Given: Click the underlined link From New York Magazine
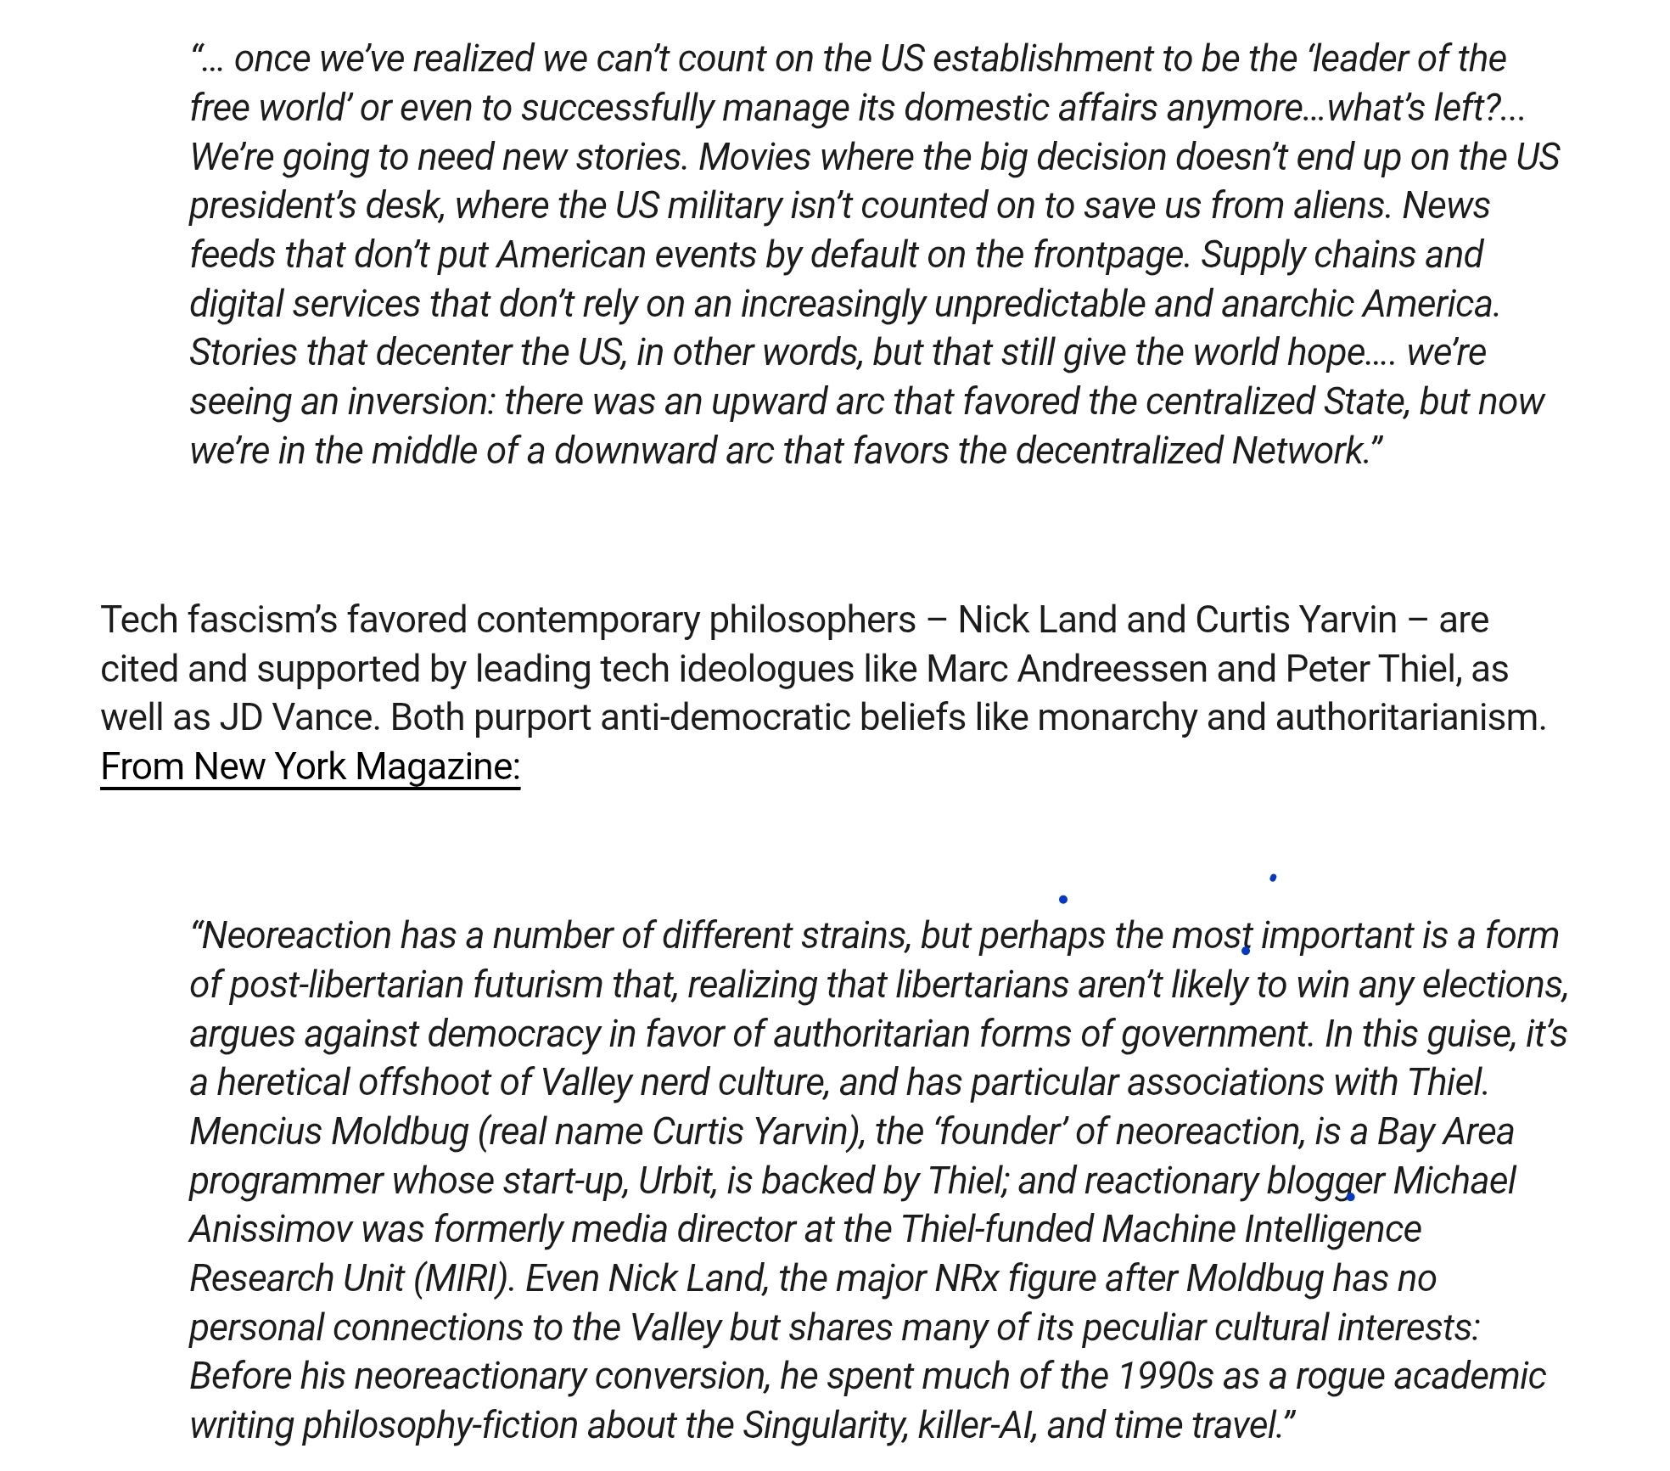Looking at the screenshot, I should point(310,767).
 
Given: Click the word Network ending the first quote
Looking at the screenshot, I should point(1300,451).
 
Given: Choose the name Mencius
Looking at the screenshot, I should point(255,1132).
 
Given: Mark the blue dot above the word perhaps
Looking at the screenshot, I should point(1063,899).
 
